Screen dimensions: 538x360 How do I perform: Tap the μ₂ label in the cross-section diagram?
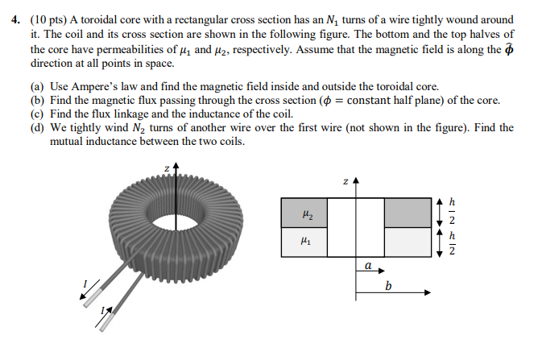click(305, 214)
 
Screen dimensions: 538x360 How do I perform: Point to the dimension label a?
click(367, 263)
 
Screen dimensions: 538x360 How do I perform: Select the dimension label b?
click(388, 286)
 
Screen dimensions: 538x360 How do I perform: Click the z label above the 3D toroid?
click(167, 168)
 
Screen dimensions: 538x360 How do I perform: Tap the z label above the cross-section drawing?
click(345, 181)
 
